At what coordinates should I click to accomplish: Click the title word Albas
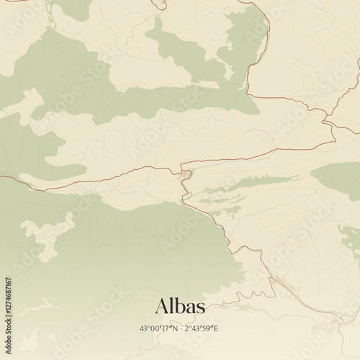point(180,306)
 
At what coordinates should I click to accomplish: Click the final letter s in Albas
point(200,308)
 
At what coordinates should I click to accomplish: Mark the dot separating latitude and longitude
point(181,328)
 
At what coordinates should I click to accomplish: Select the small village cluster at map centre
point(185,174)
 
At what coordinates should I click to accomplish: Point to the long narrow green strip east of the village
point(248,184)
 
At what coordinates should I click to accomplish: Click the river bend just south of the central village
point(184,189)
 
